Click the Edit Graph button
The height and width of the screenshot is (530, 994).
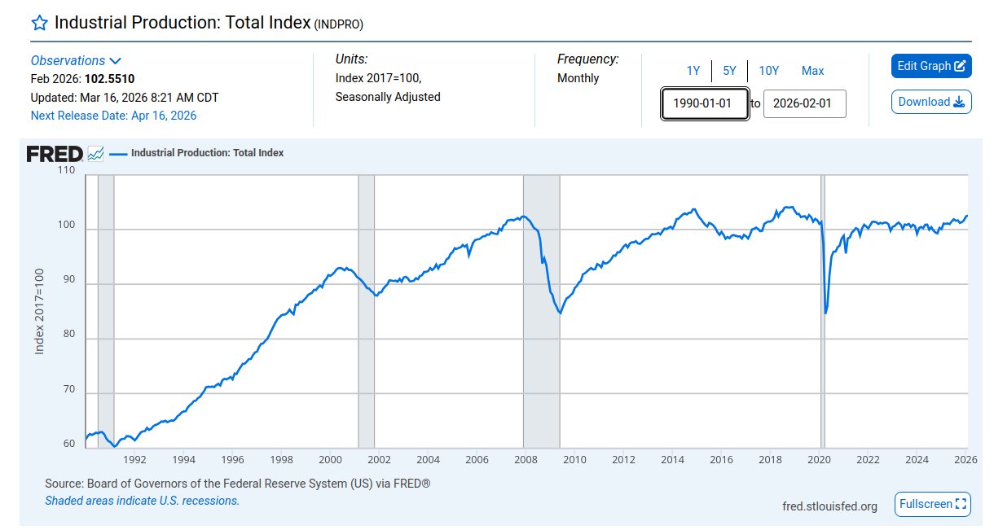tap(931, 66)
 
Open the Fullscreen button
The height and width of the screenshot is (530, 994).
tap(933, 504)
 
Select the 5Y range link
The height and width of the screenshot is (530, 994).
tap(729, 71)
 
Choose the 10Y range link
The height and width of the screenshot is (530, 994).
tap(768, 71)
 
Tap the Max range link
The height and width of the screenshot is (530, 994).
tap(812, 71)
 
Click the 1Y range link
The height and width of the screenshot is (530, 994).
tap(693, 71)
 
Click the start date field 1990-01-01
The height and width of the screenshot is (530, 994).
tap(705, 104)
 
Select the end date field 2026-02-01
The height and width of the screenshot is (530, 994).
tap(804, 104)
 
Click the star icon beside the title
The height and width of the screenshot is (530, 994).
tap(39, 23)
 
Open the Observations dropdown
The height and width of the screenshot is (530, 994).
tap(76, 61)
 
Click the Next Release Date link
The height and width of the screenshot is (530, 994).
tap(113, 116)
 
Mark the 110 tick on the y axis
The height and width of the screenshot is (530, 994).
tap(66, 171)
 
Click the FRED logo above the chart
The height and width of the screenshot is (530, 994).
tap(55, 154)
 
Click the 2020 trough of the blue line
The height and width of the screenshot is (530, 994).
tap(826, 313)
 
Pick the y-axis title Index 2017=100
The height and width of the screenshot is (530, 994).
tap(39, 312)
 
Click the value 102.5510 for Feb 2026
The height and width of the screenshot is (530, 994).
tap(109, 79)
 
